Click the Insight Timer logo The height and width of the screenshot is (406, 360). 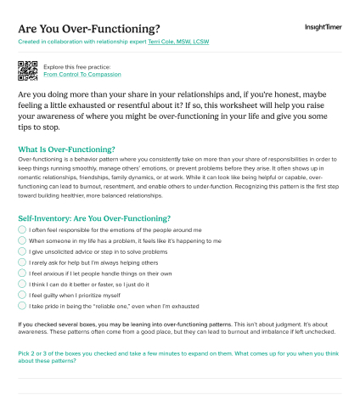coord(323,27)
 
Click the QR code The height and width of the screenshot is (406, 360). coord(27,70)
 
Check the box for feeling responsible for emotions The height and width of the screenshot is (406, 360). coord(22,230)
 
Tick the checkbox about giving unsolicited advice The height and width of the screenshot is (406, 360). coord(22,252)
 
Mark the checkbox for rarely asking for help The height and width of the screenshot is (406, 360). coord(22,263)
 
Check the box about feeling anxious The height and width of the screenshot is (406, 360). coord(22,273)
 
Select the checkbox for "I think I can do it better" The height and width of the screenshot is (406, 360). coord(22,285)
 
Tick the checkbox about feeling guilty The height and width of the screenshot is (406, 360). coord(22,296)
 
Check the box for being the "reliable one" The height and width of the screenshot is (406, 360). coord(22,307)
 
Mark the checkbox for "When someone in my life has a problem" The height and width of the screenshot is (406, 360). coord(22,241)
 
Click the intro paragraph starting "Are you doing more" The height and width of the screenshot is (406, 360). coord(178,110)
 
